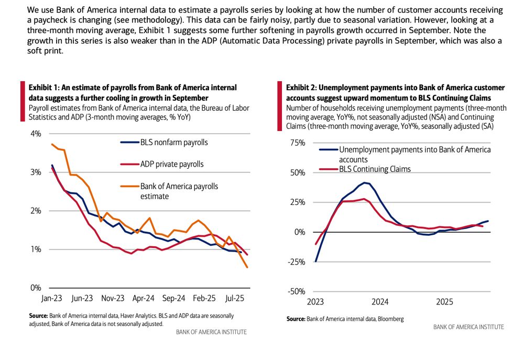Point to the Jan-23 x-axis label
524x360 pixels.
[x=52, y=298]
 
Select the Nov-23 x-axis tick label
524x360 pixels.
[x=112, y=298]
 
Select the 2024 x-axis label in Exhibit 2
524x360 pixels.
[x=380, y=302]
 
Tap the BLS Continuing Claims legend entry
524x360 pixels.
[x=375, y=169]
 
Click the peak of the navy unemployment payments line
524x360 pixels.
[x=364, y=182]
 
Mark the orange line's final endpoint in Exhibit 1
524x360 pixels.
[x=247, y=267]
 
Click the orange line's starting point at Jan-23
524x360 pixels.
[x=51, y=144]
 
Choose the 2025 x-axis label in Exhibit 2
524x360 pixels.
[x=445, y=302]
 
